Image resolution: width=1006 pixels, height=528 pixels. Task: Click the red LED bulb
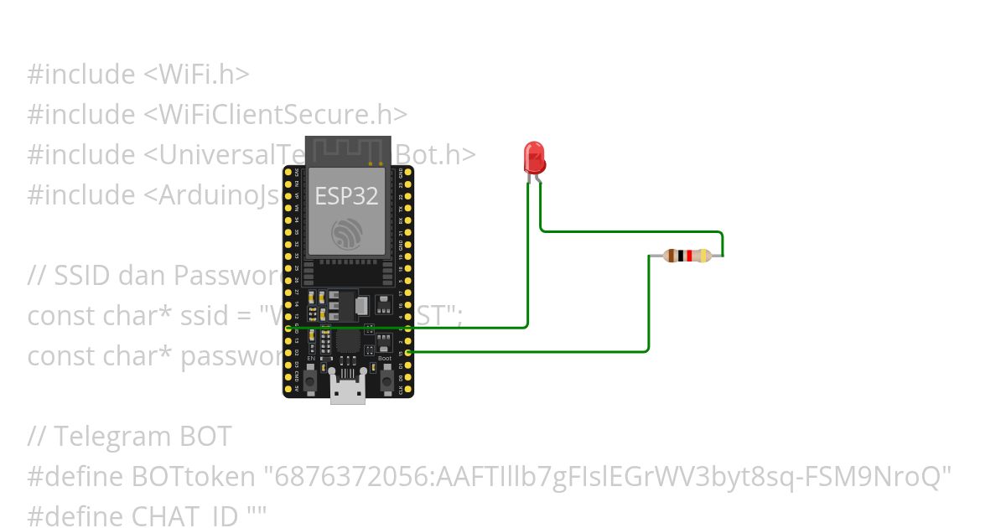(533, 157)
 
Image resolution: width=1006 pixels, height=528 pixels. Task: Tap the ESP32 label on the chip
(346, 196)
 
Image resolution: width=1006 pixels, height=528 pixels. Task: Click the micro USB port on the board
(348, 390)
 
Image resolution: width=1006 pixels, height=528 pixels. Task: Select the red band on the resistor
(688, 256)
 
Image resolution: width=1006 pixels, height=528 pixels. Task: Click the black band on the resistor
(680, 256)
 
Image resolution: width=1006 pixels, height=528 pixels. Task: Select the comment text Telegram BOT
(143, 437)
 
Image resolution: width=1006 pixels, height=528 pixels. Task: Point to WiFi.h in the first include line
(202, 74)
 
